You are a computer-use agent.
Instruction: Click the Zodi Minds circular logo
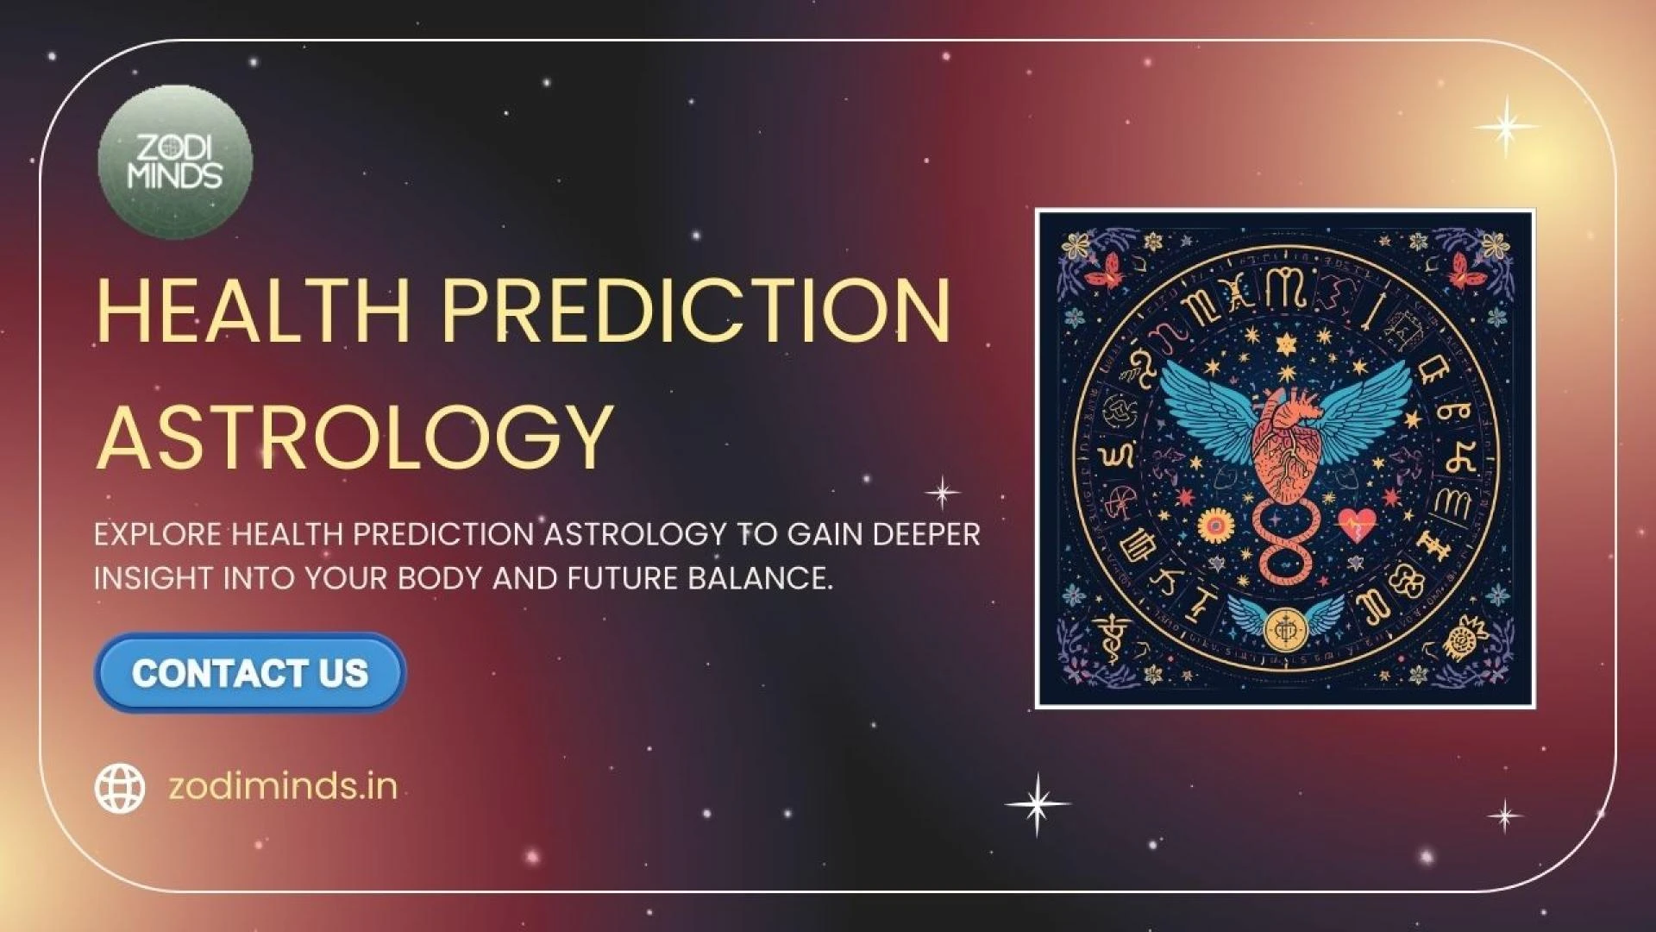pyautogui.click(x=175, y=162)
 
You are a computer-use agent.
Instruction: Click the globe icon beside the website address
pyautogui.click(x=120, y=788)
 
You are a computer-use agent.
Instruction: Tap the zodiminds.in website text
pyautogui.click(x=283, y=786)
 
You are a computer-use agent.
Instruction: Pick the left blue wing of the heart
pyautogui.click(x=1212, y=410)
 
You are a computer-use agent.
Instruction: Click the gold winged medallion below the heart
pyautogui.click(x=1285, y=626)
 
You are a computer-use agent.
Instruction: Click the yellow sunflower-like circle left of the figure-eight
pyautogui.click(x=1216, y=524)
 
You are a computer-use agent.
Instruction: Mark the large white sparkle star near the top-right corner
pyautogui.click(x=1506, y=127)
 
